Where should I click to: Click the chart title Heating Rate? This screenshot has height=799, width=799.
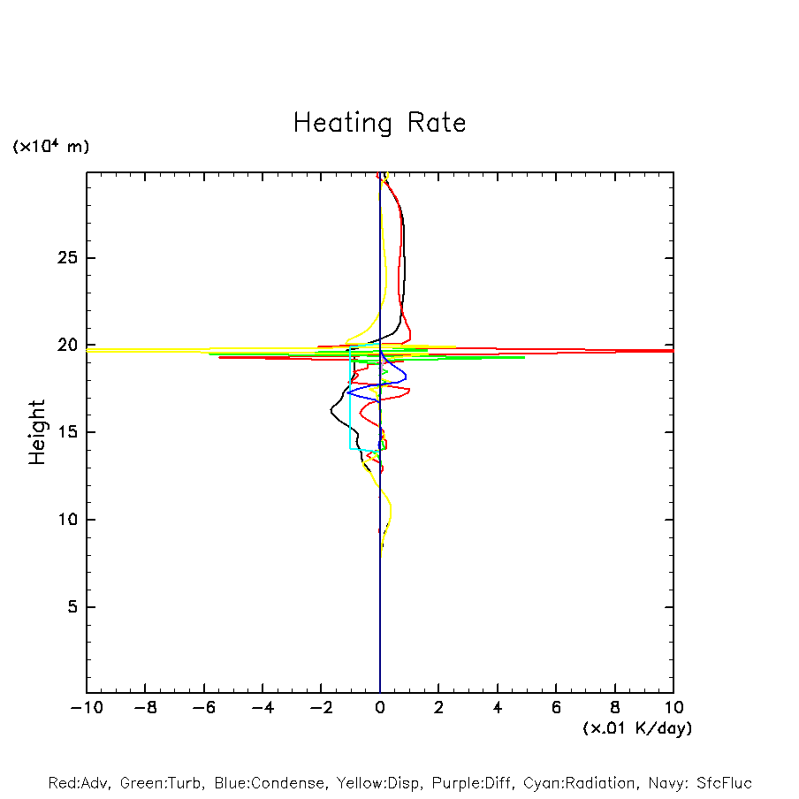pyautogui.click(x=379, y=123)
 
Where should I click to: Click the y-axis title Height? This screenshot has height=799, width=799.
pyautogui.click(x=37, y=432)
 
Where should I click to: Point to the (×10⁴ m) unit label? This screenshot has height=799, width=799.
pyautogui.click(x=50, y=147)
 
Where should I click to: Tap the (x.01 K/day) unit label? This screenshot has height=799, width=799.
pyautogui.click(x=636, y=727)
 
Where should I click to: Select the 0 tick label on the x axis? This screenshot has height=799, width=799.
pyautogui.click(x=380, y=707)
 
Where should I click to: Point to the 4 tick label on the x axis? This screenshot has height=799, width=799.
pyautogui.click(x=498, y=707)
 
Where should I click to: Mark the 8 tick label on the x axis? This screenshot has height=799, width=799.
pyautogui.click(x=615, y=707)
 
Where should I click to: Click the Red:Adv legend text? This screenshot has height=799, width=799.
pyautogui.click(x=80, y=783)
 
